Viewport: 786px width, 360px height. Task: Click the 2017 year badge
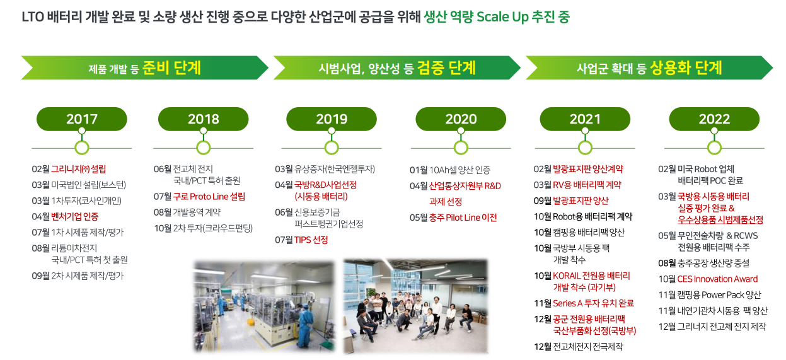82,119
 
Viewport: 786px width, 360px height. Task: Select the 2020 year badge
461,119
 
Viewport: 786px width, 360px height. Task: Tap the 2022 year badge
714,119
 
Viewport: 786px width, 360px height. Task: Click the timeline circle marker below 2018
203,148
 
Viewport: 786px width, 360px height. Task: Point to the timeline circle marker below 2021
585,148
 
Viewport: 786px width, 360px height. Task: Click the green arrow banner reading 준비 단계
144,67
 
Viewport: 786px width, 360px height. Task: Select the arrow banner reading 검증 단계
397,67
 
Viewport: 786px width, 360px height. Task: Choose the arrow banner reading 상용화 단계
649,67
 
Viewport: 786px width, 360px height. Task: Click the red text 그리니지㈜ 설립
78,169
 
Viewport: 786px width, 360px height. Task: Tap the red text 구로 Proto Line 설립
209,197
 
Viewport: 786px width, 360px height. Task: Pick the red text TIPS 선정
311,240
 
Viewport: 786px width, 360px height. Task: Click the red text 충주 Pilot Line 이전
463,218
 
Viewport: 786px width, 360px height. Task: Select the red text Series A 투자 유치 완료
593,303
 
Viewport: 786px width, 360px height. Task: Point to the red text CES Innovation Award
717,279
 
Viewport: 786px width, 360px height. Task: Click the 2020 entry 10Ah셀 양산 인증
459,170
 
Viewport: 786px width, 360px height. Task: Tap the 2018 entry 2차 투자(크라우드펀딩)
212,228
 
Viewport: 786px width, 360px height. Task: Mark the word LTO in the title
33,17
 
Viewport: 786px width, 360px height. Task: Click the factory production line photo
264,306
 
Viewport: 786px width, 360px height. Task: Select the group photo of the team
415,306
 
